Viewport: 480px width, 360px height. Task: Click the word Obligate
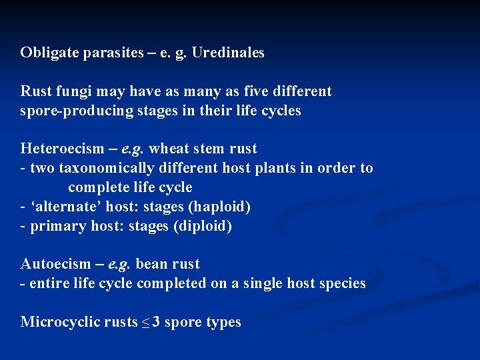49,53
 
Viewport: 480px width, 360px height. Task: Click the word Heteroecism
62,149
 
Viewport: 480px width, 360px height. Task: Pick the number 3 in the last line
155,322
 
